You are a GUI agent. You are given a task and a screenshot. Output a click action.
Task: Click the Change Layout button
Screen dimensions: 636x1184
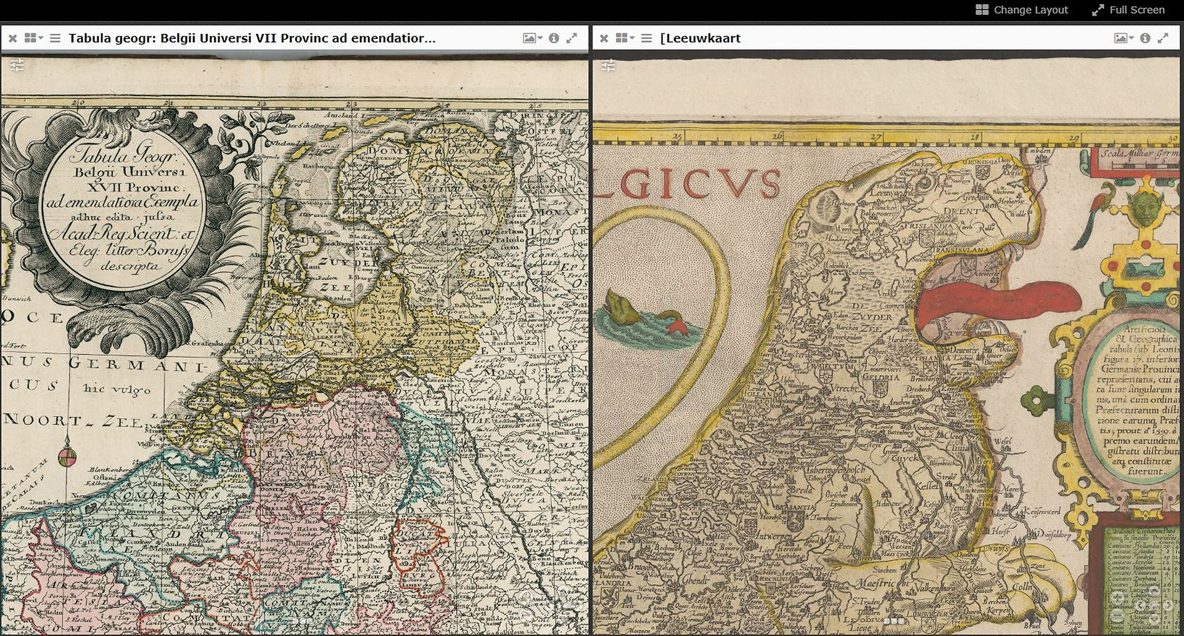pyautogui.click(x=1022, y=10)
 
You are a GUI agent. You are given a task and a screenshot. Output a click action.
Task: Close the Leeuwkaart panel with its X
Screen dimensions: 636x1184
pyautogui.click(x=604, y=38)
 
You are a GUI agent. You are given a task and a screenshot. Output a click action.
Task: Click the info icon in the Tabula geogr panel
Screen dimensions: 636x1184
pyautogui.click(x=554, y=38)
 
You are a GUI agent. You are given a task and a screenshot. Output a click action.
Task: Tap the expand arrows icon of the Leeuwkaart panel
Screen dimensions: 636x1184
pyautogui.click(x=1163, y=38)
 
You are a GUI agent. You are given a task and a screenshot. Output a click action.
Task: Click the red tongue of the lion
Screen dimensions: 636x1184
pyautogui.click(x=999, y=303)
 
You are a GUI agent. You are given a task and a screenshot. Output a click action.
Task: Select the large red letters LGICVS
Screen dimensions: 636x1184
pyautogui.click(x=688, y=183)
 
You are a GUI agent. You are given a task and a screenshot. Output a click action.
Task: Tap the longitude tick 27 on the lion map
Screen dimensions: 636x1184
pyautogui.click(x=876, y=136)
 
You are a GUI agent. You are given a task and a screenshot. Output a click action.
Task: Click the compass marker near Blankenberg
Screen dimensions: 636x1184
pyautogui.click(x=67, y=457)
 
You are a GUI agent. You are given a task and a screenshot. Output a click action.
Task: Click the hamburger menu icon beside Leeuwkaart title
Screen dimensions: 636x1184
pyautogui.click(x=646, y=38)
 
